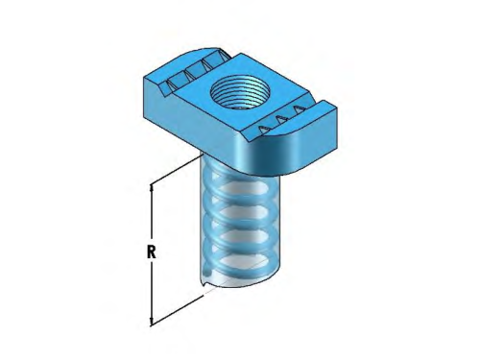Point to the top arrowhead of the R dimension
151,188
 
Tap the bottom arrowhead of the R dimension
151,323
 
